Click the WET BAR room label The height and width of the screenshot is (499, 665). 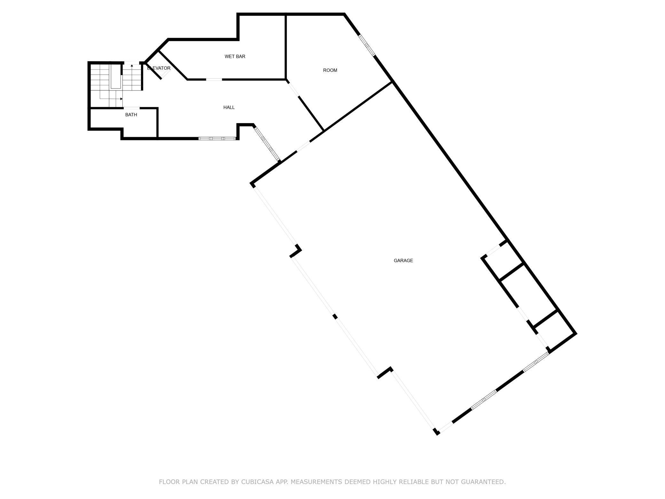(x=235, y=57)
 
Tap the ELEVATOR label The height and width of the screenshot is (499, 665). (x=159, y=68)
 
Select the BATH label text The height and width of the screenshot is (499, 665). (x=131, y=115)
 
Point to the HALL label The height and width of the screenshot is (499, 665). (x=229, y=107)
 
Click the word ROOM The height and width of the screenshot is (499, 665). (x=330, y=70)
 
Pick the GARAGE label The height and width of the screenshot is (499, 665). (x=403, y=261)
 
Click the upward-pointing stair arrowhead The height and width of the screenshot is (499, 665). (x=132, y=66)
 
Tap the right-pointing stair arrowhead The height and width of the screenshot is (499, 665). (x=121, y=99)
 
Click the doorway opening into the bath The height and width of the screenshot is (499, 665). (x=131, y=108)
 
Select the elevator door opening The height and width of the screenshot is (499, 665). (x=165, y=74)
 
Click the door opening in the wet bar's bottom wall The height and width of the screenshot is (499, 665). (x=214, y=79)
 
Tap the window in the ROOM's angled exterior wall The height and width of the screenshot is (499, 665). (x=367, y=45)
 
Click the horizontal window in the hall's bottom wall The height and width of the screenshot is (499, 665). (x=217, y=139)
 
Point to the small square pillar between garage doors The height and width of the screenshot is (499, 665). (x=335, y=316)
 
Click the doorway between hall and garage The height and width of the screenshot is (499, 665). (x=303, y=146)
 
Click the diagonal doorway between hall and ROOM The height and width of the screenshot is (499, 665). (x=293, y=90)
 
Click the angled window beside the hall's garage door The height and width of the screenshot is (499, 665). (x=267, y=144)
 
